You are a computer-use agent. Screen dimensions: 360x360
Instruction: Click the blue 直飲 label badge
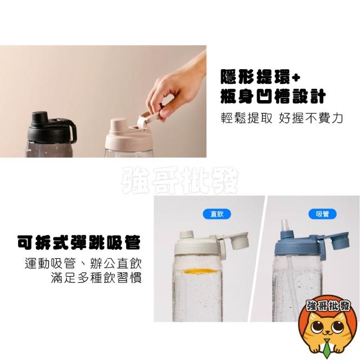217,214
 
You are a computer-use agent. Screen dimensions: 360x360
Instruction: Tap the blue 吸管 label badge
322,214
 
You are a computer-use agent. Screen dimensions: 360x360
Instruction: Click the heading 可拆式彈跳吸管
79,242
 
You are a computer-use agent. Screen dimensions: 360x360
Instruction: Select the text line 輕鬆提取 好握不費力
282,118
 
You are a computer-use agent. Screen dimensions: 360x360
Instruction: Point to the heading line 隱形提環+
260,76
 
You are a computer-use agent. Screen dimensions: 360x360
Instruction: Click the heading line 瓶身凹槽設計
273,96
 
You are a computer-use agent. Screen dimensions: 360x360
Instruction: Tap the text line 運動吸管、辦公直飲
83,263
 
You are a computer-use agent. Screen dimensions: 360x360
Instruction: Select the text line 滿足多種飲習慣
96,277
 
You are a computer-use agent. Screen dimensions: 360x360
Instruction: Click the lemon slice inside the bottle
200,271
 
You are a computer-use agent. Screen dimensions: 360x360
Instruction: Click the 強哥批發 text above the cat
328,307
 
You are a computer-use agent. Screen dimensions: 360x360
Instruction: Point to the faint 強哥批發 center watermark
180,180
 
